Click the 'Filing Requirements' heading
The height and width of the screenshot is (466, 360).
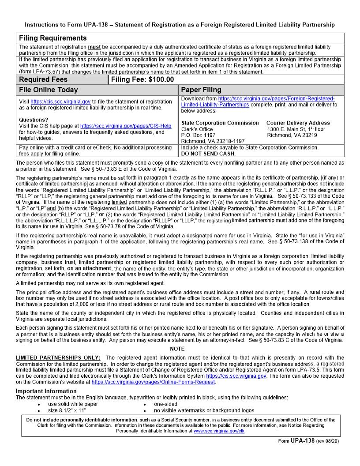click(x=52, y=38)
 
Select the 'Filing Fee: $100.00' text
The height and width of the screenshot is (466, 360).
click(x=142, y=79)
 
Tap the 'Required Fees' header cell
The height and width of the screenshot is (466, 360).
click(x=43, y=79)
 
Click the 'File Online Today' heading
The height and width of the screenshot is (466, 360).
click(x=49, y=90)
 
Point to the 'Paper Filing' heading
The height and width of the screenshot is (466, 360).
click(x=201, y=90)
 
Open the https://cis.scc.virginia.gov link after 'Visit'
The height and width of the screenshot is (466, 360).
click(x=60, y=101)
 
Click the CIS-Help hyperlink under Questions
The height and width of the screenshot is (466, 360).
click(x=126, y=126)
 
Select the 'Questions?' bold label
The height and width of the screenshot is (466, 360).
click(x=34, y=120)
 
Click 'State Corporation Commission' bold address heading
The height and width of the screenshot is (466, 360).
click(x=220, y=123)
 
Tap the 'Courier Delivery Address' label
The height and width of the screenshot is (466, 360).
click(x=298, y=123)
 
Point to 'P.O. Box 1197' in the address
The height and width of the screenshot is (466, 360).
click(x=199, y=135)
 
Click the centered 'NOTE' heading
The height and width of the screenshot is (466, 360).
click(x=180, y=349)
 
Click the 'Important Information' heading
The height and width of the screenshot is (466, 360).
click(x=46, y=391)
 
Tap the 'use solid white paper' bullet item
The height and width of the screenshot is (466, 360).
click(x=73, y=404)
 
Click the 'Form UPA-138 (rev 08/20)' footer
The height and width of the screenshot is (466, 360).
click(x=308, y=441)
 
